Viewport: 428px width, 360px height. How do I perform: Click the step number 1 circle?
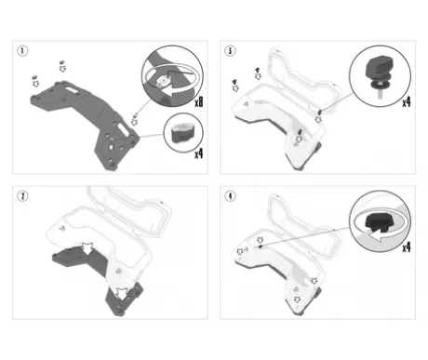click(x=22, y=51)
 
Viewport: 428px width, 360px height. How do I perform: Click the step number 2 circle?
click(x=22, y=196)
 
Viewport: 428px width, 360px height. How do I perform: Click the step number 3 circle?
click(x=230, y=51)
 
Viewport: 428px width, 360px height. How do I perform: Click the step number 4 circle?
click(x=230, y=196)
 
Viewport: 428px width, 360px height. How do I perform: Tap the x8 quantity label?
click(x=199, y=101)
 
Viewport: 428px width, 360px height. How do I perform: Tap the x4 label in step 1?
click(x=199, y=153)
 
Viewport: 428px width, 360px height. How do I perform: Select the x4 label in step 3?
click(x=407, y=101)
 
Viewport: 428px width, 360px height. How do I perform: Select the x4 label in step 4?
click(x=407, y=247)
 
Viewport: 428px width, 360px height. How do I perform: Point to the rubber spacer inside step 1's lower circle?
click(x=182, y=133)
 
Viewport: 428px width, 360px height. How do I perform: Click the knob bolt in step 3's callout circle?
click(x=379, y=75)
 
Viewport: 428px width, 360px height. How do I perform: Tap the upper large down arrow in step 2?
click(x=87, y=247)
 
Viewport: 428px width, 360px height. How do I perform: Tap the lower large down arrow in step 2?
click(x=122, y=294)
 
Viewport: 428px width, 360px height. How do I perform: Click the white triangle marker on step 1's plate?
click(x=111, y=147)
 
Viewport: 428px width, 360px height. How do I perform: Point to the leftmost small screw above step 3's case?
click(x=234, y=82)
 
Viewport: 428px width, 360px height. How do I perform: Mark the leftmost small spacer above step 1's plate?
click(x=34, y=77)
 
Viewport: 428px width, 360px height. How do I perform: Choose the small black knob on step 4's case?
click(x=261, y=247)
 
